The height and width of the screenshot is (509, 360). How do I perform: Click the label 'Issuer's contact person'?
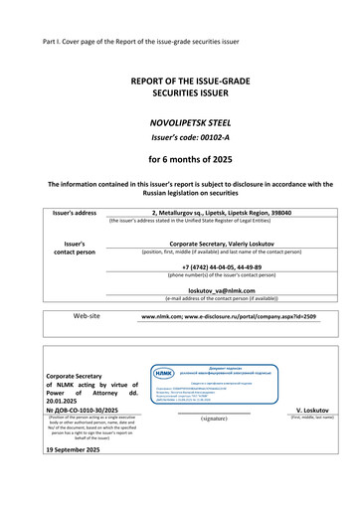click(73, 247)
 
